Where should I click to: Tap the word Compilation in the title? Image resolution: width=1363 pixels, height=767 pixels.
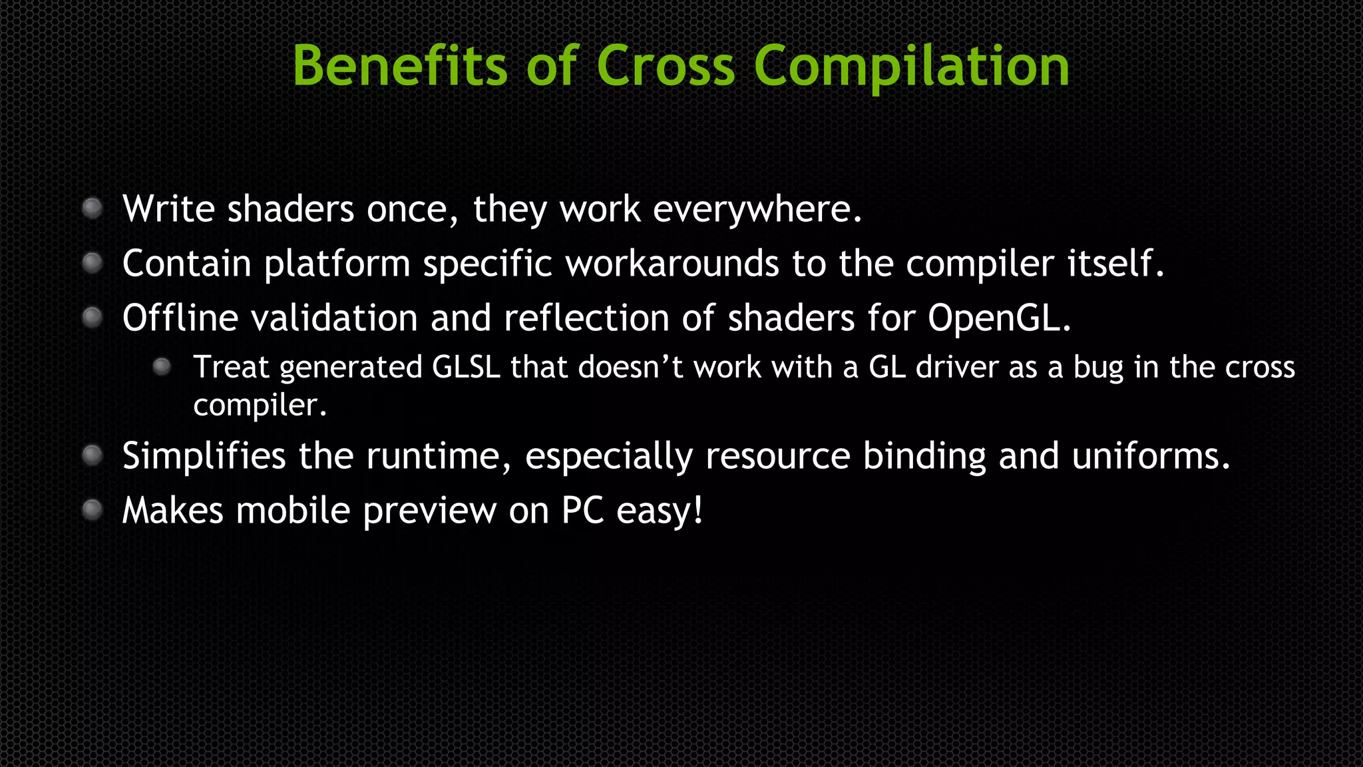pos(911,67)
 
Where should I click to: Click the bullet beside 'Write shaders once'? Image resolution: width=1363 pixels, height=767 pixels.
pos(93,208)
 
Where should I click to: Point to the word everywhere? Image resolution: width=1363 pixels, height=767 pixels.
pos(757,210)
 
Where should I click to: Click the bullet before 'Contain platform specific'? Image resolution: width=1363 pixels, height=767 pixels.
pos(93,263)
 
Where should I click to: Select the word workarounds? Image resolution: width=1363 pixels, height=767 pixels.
pos(672,264)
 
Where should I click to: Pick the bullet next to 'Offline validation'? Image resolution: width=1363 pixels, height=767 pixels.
pos(93,318)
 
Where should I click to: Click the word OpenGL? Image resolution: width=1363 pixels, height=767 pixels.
pos(998,319)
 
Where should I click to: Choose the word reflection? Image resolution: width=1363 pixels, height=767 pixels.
pos(586,318)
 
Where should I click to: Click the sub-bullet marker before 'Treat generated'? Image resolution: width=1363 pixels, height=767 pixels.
pos(162,366)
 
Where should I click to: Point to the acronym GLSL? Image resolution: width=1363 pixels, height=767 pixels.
pos(466,367)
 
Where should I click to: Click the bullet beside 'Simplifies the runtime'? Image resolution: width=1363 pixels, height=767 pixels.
pos(93,455)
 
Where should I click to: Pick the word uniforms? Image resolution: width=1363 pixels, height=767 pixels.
pos(1150,456)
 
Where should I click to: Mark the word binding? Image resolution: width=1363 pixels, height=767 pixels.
pos(924,457)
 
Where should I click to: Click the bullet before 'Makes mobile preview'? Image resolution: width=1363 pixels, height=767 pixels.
pos(93,510)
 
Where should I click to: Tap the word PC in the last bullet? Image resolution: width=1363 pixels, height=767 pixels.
pos(582,511)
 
